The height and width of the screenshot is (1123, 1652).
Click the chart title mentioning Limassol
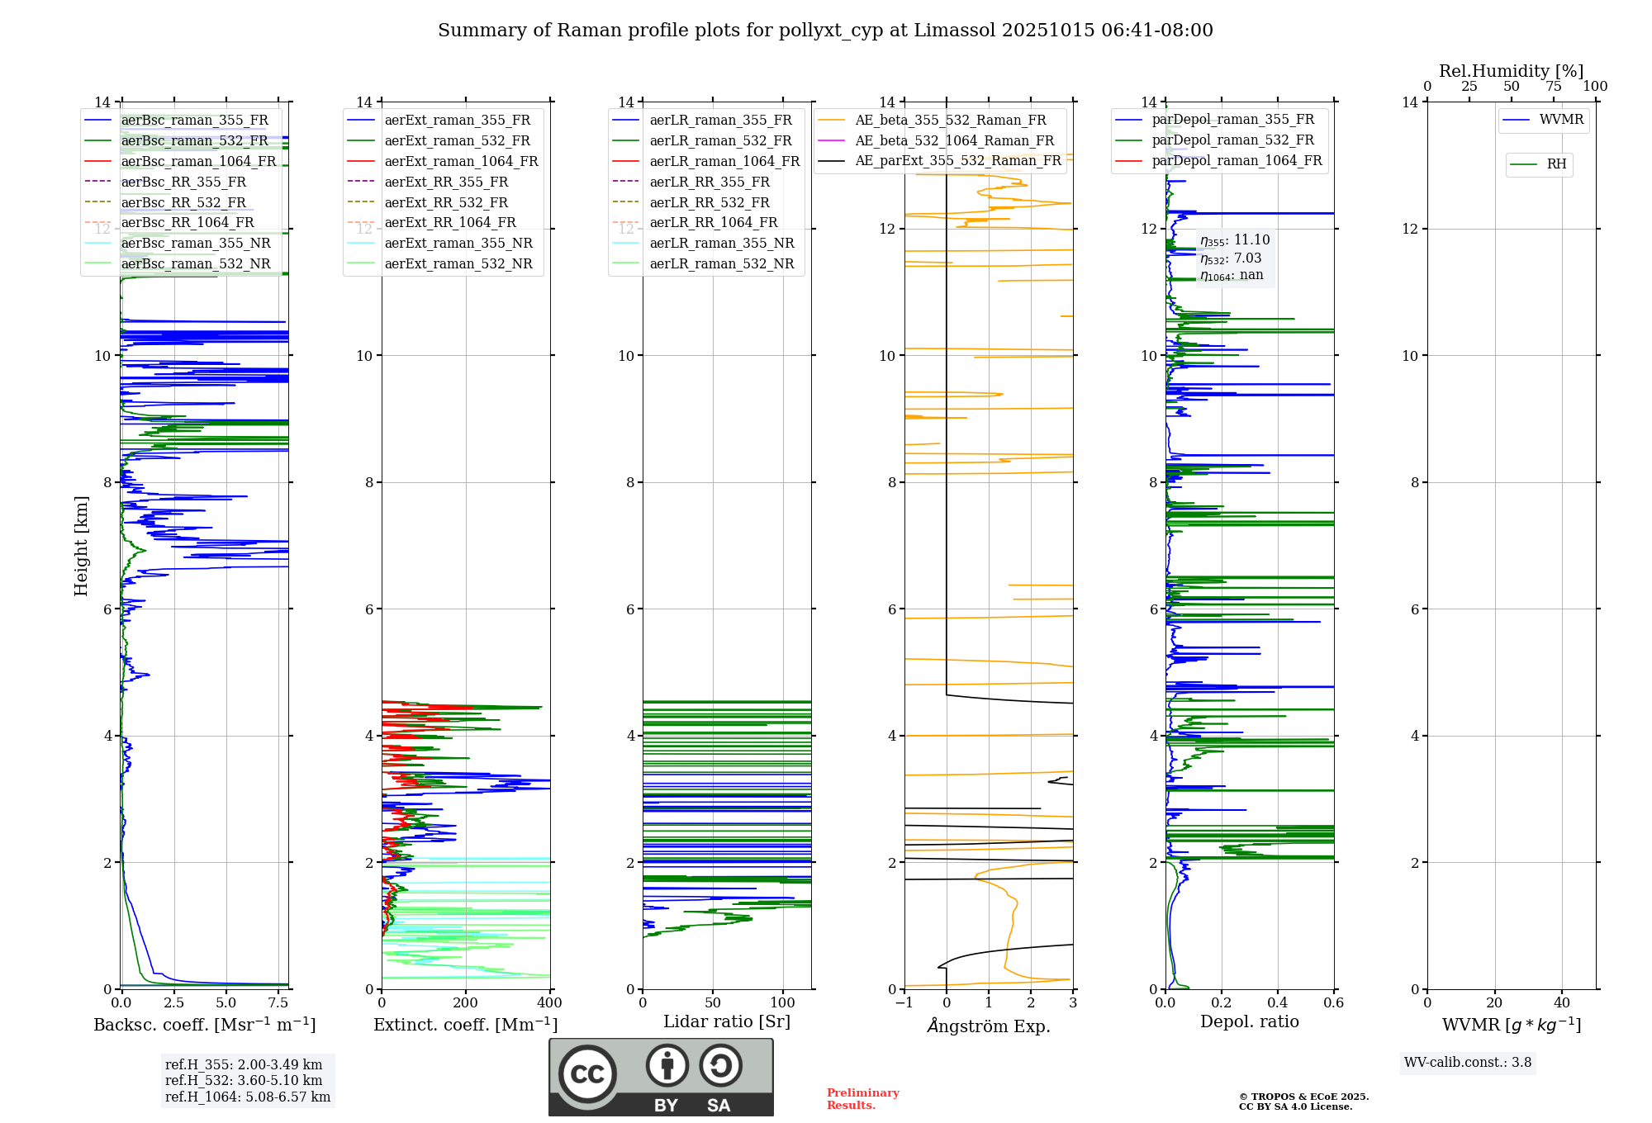[825, 31]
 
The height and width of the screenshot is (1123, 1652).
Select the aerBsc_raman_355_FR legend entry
[194, 121]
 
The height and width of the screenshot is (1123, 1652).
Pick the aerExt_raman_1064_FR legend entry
[460, 162]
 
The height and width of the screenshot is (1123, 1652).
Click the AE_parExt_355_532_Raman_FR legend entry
[957, 161]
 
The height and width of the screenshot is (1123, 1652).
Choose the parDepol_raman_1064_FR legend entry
[1236, 161]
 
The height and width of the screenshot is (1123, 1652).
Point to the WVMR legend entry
[1560, 121]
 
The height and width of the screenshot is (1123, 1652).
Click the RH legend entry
[1556, 164]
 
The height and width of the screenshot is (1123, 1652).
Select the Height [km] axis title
[81, 546]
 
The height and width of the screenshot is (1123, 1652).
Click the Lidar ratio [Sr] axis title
[727, 1022]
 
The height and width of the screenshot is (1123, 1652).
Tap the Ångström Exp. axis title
[989, 1026]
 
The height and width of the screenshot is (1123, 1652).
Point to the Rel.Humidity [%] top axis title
[1511, 71]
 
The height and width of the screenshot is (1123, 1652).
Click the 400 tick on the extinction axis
[549, 1003]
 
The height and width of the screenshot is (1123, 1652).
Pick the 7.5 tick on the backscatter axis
[278, 1003]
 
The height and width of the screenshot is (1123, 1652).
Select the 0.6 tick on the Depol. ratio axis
[1333, 1003]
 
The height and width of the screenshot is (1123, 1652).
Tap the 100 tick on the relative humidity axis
[1595, 87]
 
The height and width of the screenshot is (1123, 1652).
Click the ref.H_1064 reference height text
[247, 1097]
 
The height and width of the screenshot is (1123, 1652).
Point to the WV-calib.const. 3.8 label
[1467, 1063]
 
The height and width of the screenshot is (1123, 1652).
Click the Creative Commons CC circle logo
[587, 1074]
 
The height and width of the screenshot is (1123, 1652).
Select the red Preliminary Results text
[862, 1099]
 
